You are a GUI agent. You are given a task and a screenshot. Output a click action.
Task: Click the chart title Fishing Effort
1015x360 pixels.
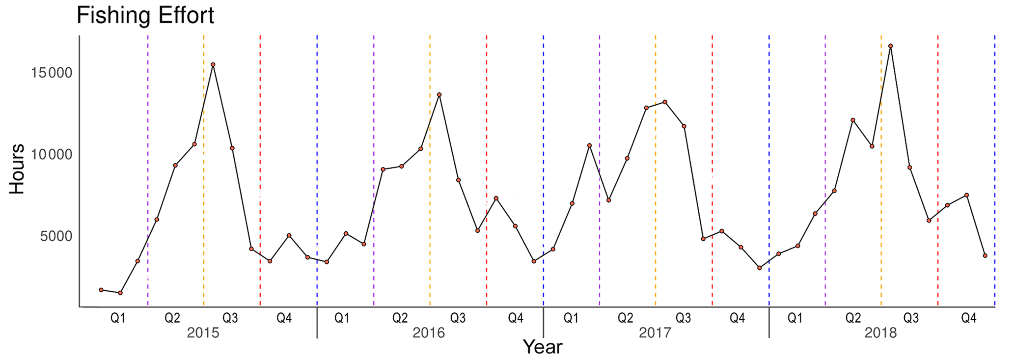145,16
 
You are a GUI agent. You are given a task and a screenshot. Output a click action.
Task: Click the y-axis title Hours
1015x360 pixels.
17,169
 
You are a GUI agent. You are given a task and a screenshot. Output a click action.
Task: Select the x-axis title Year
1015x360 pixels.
542,347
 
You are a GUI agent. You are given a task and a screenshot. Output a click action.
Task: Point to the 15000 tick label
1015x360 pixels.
52,73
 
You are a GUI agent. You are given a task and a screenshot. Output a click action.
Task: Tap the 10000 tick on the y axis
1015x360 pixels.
52,155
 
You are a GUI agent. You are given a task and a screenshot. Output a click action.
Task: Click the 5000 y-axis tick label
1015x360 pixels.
55,236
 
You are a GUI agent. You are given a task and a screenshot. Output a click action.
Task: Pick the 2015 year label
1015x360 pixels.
203,333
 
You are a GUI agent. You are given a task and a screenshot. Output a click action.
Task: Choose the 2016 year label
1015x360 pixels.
429,333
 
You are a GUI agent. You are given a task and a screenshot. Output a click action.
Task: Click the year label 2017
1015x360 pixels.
655,333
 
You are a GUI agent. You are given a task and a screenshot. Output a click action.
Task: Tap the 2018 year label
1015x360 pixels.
880,333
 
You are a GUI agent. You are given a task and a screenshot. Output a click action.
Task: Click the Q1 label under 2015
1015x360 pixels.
118,318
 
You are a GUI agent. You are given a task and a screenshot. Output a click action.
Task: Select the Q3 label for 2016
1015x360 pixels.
458,318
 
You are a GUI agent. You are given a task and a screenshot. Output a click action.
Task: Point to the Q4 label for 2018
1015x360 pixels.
968,318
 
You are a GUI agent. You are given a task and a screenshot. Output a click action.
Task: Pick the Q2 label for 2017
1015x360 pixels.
625,318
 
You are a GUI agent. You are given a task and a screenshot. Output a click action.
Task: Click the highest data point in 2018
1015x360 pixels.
890,46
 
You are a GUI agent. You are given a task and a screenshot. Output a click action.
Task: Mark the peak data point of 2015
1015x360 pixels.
213,64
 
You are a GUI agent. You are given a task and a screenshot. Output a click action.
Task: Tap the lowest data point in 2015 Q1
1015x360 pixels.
120,293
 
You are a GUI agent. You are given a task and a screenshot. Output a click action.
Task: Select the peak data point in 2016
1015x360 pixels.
439,95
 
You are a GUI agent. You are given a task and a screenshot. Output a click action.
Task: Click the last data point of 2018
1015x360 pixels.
985,256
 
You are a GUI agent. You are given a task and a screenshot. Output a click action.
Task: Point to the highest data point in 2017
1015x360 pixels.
665,102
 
